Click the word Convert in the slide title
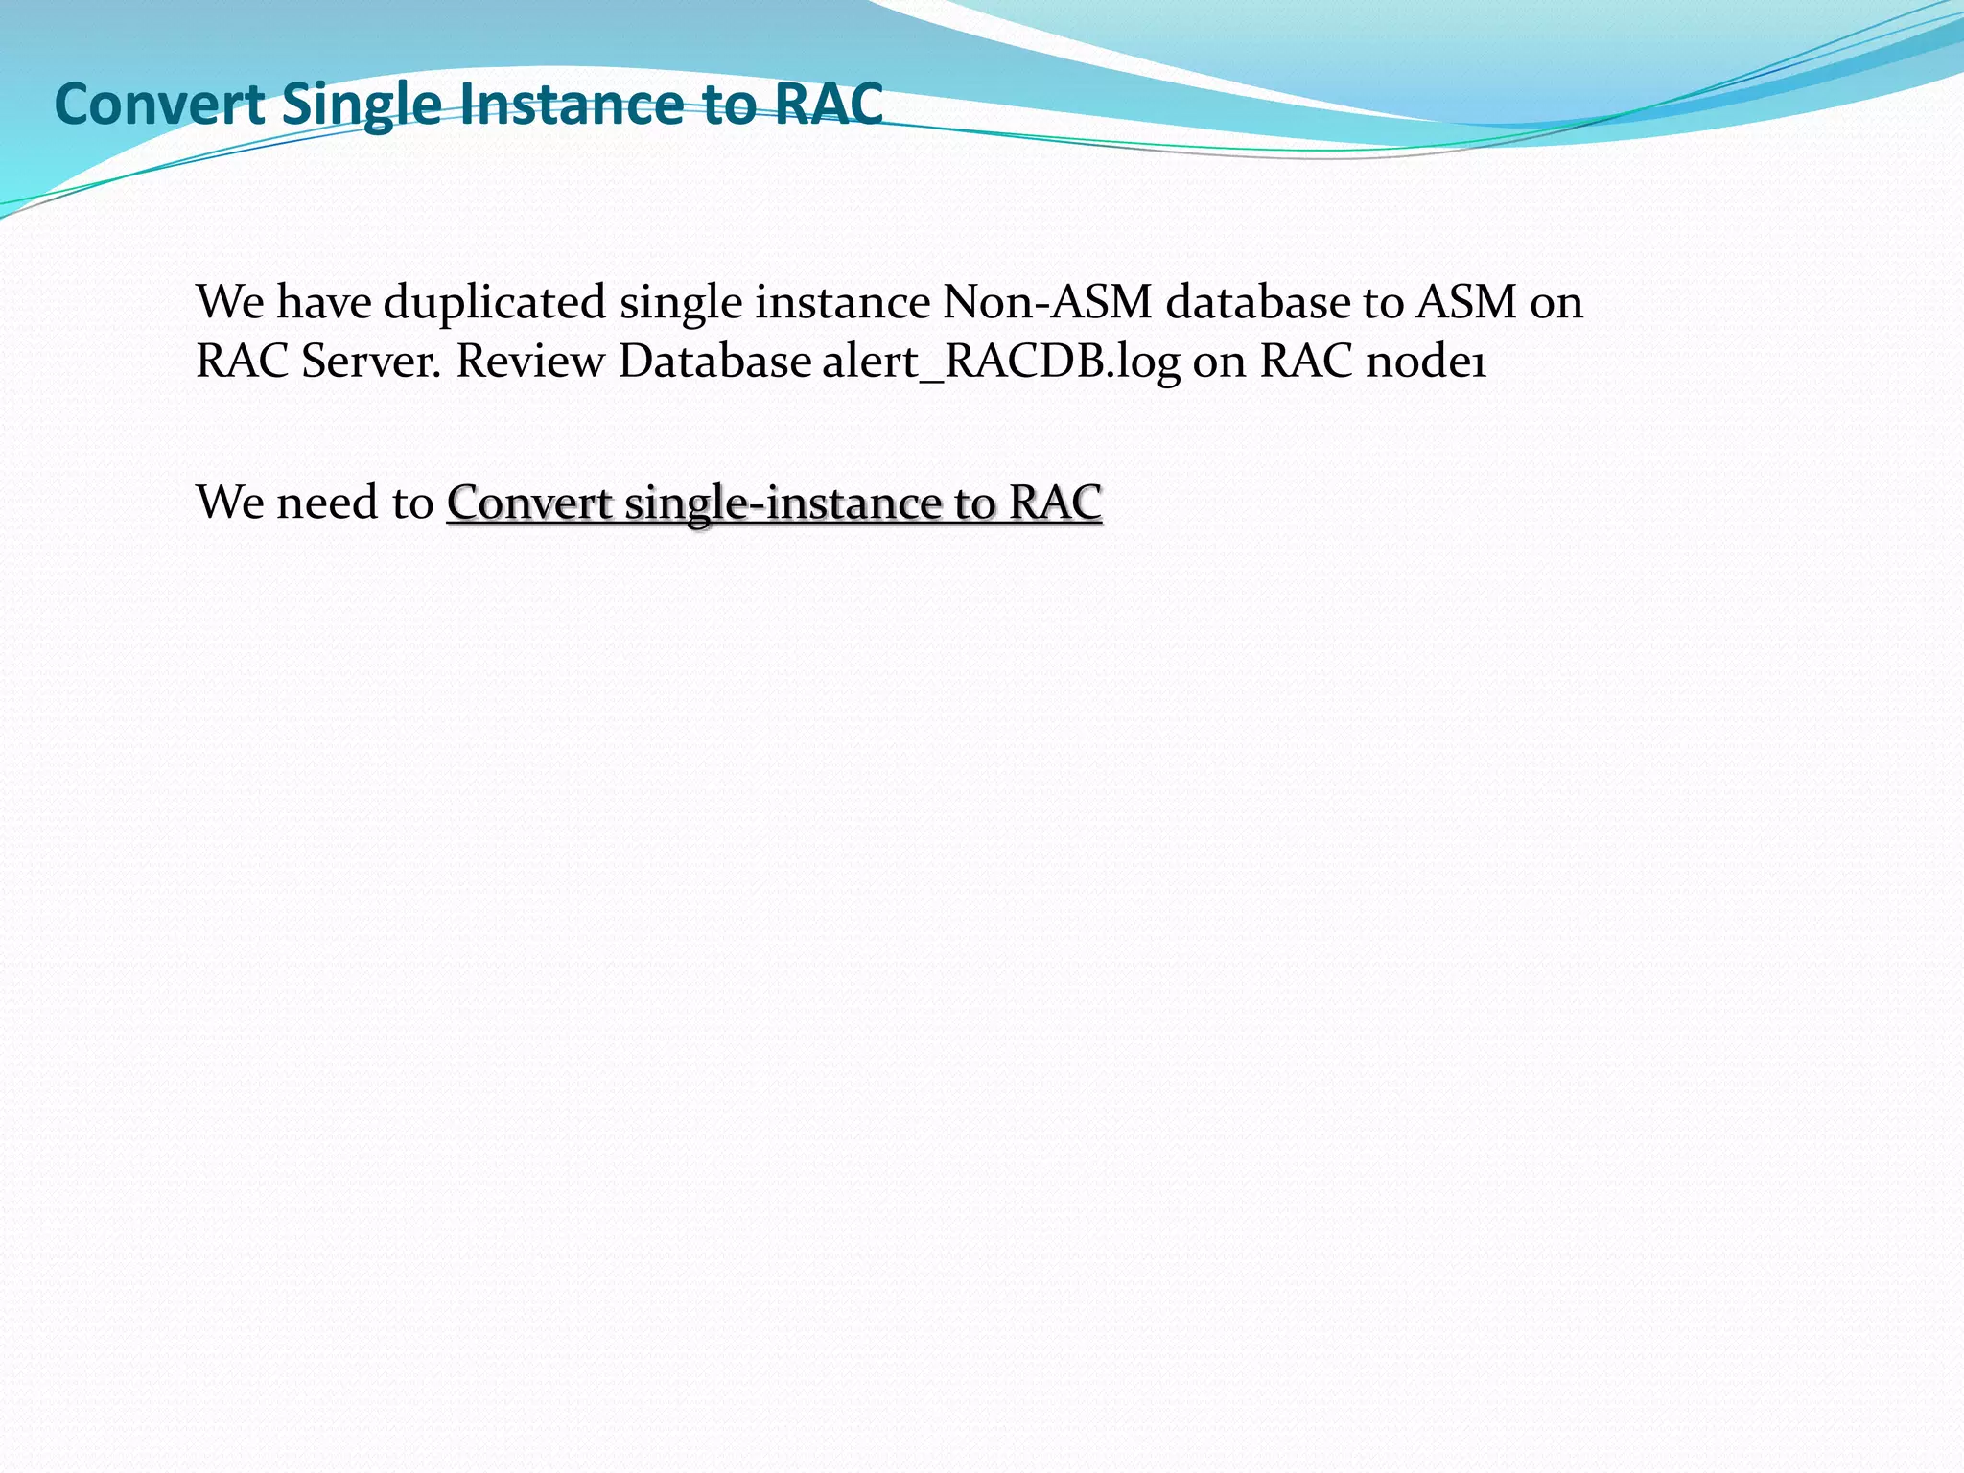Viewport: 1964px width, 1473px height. pyautogui.click(x=159, y=104)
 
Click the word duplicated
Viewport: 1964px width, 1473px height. pyautogui.click(x=495, y=302)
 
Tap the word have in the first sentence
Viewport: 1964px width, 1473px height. pyautogui.click(x=323, y=302)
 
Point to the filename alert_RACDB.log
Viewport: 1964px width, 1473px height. pyautogui.click(x=1000, y=362)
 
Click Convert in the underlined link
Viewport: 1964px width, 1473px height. pyautogui.click(x=529, y=503)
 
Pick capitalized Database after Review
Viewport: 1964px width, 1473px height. pyautogui.click(x=715, y=362)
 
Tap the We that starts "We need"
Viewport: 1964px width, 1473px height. pyautogui.click(x=229, y=503)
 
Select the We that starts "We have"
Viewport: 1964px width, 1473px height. pyautogui.click(x=229, y=302)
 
